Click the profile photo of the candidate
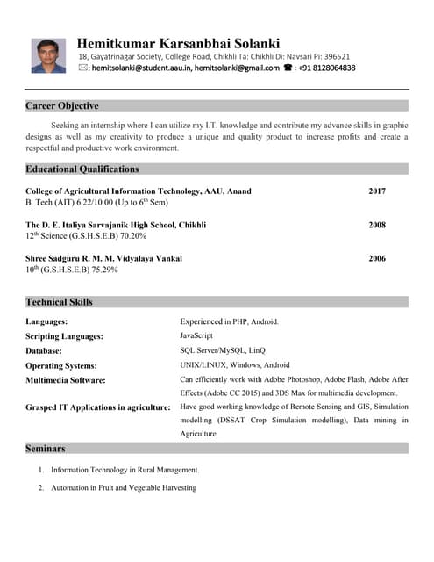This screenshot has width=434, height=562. [x=48, y=55]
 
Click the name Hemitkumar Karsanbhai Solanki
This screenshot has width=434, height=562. [x=178, y=43]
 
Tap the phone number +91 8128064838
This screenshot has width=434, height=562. [x=327, y=68]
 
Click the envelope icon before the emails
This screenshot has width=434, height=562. [x=82, y=68]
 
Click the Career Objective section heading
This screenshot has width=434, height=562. [x=61, y=106]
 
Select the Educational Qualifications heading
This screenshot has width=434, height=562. [x=82, y=169]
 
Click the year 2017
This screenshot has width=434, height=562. [x=377, y=191]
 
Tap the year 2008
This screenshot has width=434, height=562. [x=377, y=225]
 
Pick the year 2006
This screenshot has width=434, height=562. [x=377, y=259]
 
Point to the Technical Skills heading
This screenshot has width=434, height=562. [x=59, y=302]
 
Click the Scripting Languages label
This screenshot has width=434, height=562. [x=65, y=336]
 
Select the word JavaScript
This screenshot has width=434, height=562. [x=196, y=335]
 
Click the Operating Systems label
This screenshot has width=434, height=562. [x=61, y=365]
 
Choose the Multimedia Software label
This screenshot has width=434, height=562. [x=66, y=380]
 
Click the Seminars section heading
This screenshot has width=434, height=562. [x=46, y=448]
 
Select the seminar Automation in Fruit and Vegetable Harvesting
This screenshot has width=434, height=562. [x=124, y=487]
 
